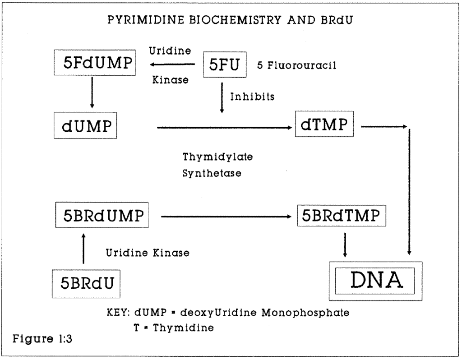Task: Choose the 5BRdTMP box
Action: tap(342, 216)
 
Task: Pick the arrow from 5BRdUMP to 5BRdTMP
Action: tap(226, 217)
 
